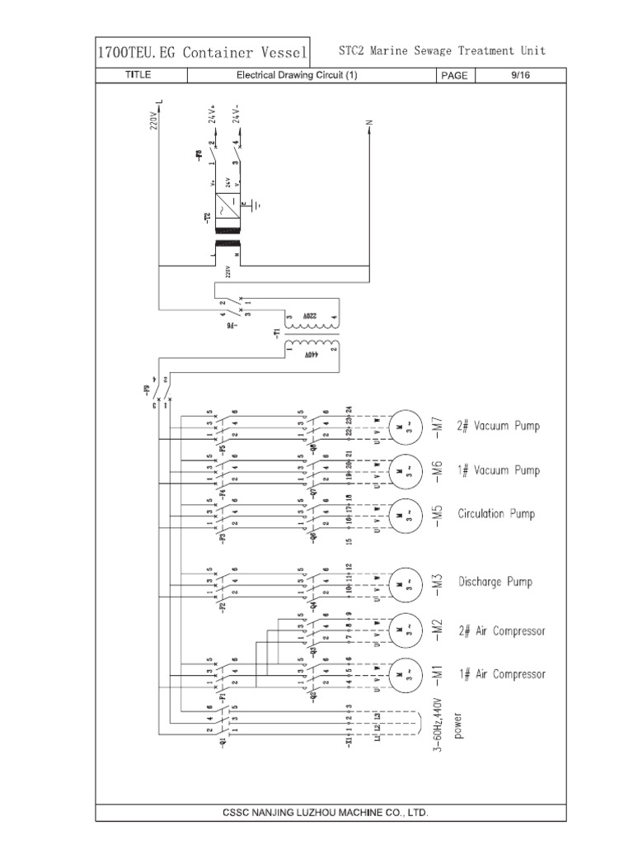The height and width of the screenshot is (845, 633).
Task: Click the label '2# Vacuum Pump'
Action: pyautogui.click(x=499, y=426)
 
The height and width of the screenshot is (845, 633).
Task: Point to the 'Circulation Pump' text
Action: pyautogui.click(x=496, y=513)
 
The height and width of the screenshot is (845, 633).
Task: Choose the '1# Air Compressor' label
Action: pyautogui.click(x=502, y=674)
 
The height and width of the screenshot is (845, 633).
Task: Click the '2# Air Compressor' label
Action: pyautogui.click(x=502, y=630)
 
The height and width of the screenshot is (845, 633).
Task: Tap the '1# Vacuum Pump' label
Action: pyautogui.click(x=499, y=470)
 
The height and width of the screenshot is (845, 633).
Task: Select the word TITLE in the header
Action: pyautogui.click(x=138, y=75)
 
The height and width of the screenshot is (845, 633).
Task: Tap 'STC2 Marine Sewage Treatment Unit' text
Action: pyautogui.click(x=442, y=51)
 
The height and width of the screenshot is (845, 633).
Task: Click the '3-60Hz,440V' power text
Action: pyautogui.click(x=441, y=726)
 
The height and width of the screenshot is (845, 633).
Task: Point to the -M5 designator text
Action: pyautogui.click(x=438, y=513)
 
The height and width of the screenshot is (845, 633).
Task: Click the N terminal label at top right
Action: pyautogui.click(x=369, y=123)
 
